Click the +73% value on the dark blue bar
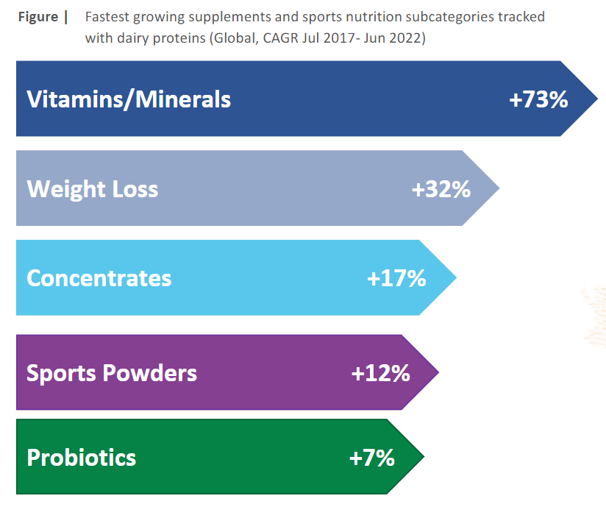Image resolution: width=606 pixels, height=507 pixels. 538,99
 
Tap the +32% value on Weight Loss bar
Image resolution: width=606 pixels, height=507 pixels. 441,189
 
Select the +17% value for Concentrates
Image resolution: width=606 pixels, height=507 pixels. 396,278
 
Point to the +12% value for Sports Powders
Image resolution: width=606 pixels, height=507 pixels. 381,373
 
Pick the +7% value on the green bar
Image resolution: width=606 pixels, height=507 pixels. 372,458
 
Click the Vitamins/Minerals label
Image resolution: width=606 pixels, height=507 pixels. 129,100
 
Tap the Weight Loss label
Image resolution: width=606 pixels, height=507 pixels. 93,189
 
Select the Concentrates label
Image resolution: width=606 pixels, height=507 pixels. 99,278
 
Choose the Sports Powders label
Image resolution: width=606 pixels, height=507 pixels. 112,373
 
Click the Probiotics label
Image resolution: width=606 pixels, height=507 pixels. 81,458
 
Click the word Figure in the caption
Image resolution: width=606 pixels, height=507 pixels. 38,18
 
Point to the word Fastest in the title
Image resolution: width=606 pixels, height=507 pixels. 107,17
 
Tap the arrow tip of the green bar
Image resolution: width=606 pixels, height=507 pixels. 424,457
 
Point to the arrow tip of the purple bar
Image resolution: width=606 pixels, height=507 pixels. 439,372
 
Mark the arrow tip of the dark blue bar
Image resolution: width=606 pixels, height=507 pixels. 597,99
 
